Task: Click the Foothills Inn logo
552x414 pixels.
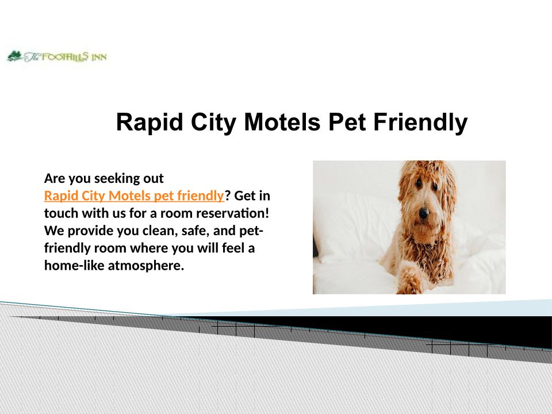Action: tap(57, 57)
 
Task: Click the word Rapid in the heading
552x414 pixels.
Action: tap(149, 122)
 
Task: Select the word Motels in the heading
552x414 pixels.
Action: tap(282, 122)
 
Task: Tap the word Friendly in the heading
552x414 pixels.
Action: tap(420, 122)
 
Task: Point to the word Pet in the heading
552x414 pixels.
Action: tap(347, 122)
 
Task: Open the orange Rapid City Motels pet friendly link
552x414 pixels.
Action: tap(134, 195)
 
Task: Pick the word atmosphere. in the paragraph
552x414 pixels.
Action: tap(145, 265)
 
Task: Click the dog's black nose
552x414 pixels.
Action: tap(424, 213)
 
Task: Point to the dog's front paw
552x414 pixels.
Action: tap(410, 281)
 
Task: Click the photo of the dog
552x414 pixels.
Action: tap(409, 227)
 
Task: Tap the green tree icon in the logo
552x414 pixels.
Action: tap(14, 56)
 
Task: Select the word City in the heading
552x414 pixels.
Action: tap(213, 122)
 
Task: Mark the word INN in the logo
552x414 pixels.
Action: tap(99, 57)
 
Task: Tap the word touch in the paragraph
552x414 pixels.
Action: tap(62, 213)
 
